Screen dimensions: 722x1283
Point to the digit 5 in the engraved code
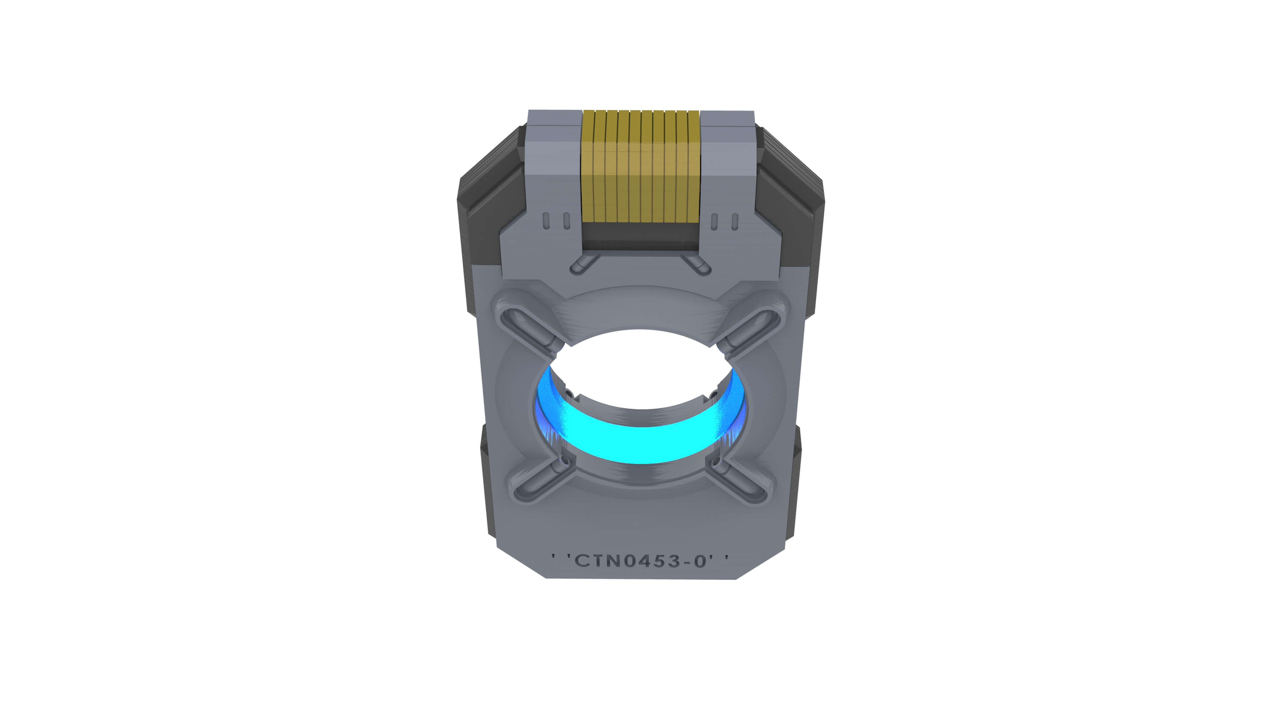pos(659,561)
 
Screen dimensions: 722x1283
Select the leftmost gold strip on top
pos(588,167)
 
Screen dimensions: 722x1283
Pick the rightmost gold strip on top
pos(694,167)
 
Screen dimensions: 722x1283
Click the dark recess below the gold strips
pos(641,236)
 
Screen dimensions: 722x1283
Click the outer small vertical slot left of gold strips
pos(546,221)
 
